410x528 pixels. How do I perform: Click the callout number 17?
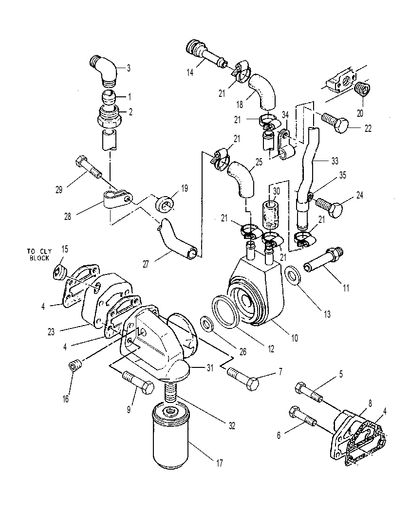219,463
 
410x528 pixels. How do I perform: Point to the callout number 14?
190,72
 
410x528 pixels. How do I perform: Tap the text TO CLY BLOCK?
39,254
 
